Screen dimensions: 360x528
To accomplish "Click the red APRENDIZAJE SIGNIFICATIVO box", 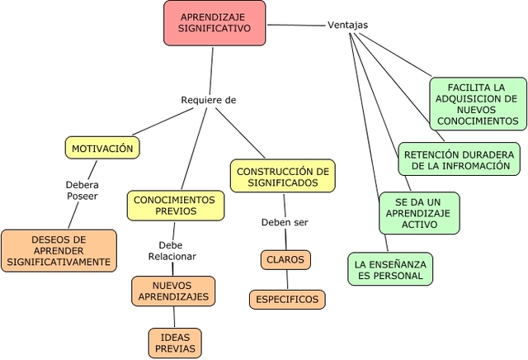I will [214, 22].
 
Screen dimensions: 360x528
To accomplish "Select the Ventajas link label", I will [347, 25].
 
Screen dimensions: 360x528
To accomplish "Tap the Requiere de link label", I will [208, 100].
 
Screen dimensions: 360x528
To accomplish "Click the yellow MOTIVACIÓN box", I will [102, 149].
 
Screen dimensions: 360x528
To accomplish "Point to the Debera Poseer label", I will [82, 191].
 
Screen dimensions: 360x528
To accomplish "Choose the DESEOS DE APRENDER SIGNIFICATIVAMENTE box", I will [59, 250].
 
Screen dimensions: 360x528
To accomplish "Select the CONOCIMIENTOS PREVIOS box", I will [174, 206].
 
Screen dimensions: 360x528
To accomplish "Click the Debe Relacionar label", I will [172, 251].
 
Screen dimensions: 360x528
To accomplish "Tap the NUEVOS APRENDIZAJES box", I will [173, 291].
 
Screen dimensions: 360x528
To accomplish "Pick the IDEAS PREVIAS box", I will [175, 343].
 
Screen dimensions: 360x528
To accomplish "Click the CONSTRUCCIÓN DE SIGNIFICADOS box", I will [282, 177].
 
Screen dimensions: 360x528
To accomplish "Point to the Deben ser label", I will [284, 223].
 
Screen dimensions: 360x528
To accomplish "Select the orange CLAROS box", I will [285, 260].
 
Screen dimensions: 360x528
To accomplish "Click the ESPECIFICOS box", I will [287, 300].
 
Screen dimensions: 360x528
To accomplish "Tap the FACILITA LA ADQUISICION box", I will [478, 104].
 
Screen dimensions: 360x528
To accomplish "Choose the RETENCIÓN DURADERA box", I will [460, 159].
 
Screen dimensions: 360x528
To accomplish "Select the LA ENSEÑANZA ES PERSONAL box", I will [389, 269].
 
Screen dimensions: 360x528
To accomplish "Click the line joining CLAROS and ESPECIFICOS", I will [286, 280].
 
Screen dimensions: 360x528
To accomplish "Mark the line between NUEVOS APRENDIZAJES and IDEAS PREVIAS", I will [174, 317].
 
